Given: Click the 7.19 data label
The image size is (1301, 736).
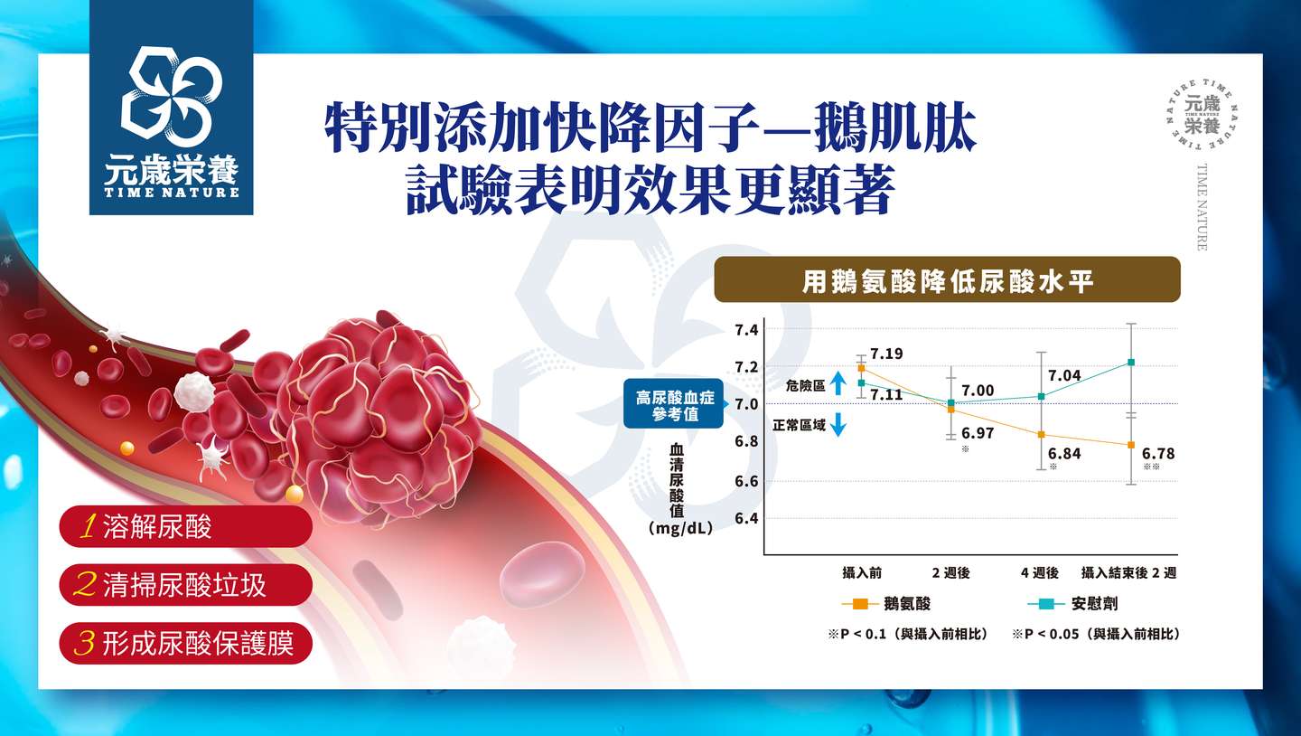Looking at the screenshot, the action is (886, 354).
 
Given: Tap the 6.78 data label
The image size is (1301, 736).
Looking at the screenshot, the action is (1158, 454).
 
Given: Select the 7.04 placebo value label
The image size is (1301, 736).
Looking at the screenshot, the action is (1064, 375).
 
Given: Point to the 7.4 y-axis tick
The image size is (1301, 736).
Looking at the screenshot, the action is (747, 330).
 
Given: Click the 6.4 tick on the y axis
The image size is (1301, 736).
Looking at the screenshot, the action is (747, 518).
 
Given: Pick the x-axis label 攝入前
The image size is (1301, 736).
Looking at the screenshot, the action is (862, 572).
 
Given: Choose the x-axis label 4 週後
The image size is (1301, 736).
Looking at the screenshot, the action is (1040, 572).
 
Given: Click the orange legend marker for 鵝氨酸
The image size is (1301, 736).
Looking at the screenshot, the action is (860, 604).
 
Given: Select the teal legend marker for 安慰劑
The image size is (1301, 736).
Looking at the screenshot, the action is (1046, 604).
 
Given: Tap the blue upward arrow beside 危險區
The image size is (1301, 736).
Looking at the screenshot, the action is (838, 383).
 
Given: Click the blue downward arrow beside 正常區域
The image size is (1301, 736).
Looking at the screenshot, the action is (838, 424).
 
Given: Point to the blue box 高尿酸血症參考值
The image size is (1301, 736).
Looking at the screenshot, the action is (674, 404).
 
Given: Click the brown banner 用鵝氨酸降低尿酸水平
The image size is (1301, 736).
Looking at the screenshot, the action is (947, 279).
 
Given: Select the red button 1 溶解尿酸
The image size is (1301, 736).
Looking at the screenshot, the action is (186, 527).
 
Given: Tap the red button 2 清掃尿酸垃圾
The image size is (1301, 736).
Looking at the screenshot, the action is (186, 585).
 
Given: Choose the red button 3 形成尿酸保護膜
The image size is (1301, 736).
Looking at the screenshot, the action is (186, 643).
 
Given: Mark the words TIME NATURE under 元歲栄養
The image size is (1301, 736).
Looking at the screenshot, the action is (172, 193).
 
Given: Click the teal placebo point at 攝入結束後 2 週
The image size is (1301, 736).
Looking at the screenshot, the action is (1131, 363).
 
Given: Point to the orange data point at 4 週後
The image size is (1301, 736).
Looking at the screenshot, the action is (1042, 434).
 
